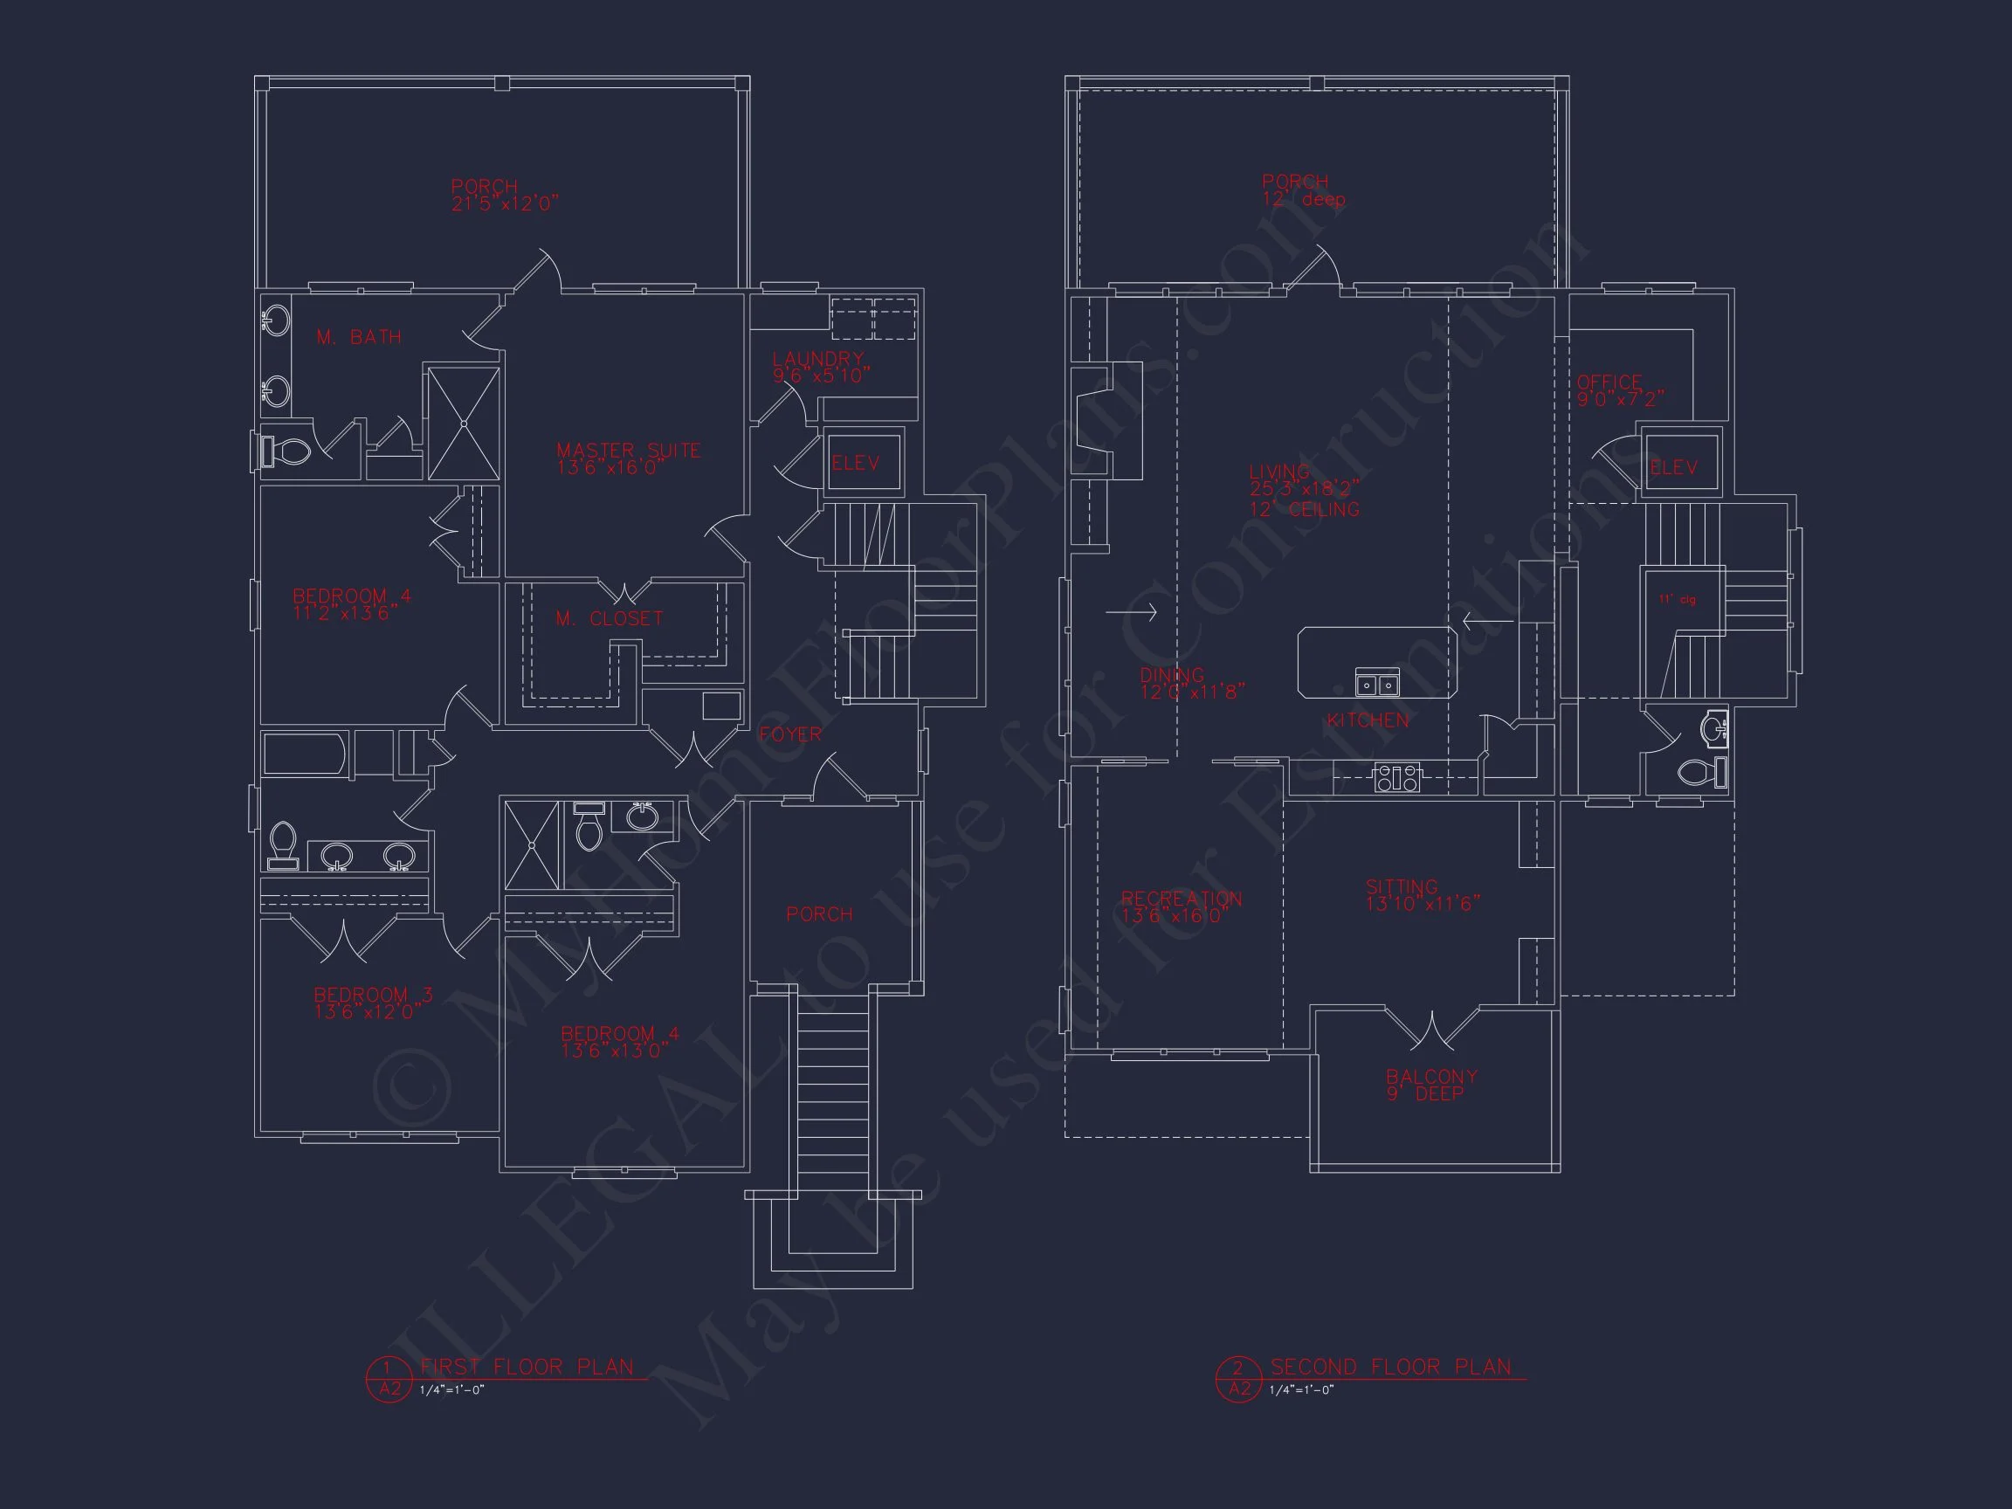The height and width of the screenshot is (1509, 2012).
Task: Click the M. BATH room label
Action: click(x=358, y=337)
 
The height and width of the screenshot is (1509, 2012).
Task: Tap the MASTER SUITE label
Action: click(x=628, y=451)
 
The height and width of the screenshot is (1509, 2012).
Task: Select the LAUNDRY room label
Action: click(x=817, y=359)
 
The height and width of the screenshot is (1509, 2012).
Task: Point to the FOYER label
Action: click(x=790, y=734)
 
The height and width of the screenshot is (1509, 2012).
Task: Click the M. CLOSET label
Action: click(x=610, y=618)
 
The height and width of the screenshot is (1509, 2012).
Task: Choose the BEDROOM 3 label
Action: click(x=373, y=996)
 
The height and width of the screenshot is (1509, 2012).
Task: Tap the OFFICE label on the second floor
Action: click(x=1610, y=382)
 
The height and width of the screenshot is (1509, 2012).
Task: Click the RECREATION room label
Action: click(x=1182, y=899)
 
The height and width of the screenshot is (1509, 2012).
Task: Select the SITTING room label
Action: click(x=1402, y=887)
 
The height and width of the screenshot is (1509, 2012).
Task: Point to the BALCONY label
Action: click(x=1431, y=1077)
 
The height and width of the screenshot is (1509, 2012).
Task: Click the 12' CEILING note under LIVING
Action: click(x=1305, y=510)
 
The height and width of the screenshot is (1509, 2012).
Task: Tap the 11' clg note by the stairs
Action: click(x=1677, y=600)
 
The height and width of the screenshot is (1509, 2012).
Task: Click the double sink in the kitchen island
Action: click(x=1377, y=682)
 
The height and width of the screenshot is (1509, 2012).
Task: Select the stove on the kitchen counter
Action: click(x=1396, y=778)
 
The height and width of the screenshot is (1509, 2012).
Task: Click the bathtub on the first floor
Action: click(x=304, y=754)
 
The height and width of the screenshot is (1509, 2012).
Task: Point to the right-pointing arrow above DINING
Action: click(x=1131, y=612)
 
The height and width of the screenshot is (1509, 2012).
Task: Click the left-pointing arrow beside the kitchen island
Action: click(x=1487, y=622)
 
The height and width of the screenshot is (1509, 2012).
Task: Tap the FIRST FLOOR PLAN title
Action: click(x=527, y=1368)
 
